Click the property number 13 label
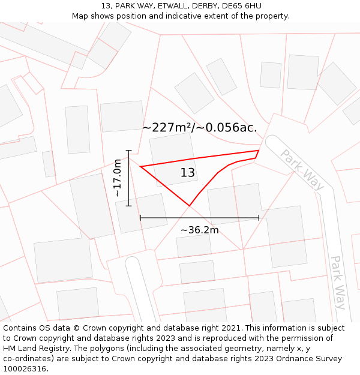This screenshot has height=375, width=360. (188, 173)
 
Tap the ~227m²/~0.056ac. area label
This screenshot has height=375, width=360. (200, 127)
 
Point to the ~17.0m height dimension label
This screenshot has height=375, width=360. (118, 178)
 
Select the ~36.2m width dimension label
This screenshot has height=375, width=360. (199, 230)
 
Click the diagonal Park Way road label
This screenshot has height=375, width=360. (302, 170)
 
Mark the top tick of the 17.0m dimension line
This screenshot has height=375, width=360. (128, 150)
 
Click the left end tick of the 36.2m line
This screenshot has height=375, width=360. (140, 218)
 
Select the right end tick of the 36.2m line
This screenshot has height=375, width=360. (259, 218)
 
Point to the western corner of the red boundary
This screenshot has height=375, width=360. (140, 166)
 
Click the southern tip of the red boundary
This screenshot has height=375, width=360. (190, 206)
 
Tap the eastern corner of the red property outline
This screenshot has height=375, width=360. (259, 151)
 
